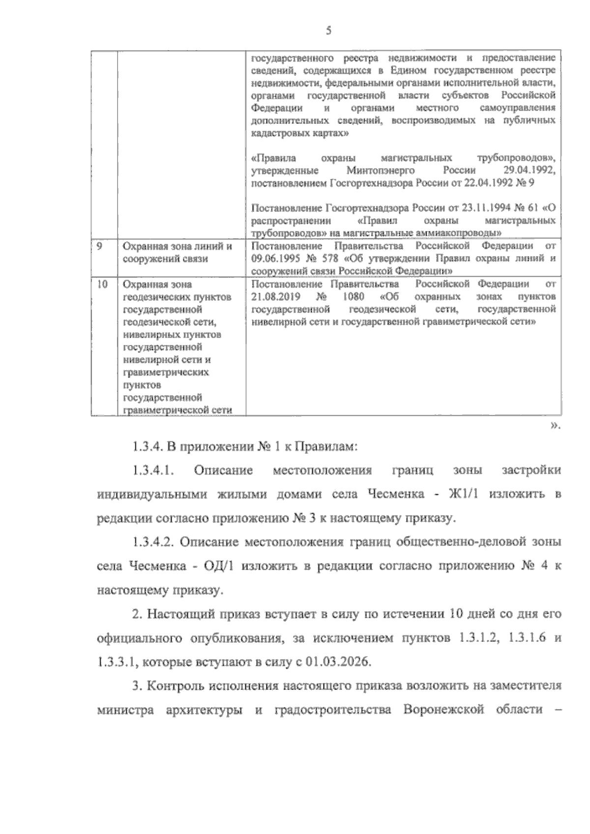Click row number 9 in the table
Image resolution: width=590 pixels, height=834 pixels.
pyautogui.click(x=99, y=246)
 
